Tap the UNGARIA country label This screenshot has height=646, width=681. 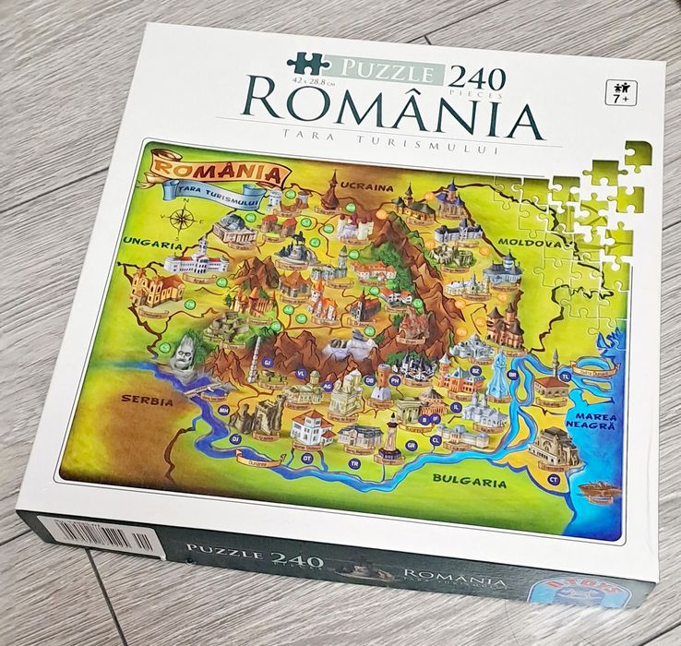(149, 245)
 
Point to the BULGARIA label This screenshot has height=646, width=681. (472, 481)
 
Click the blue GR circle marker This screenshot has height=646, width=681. (412, 446)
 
